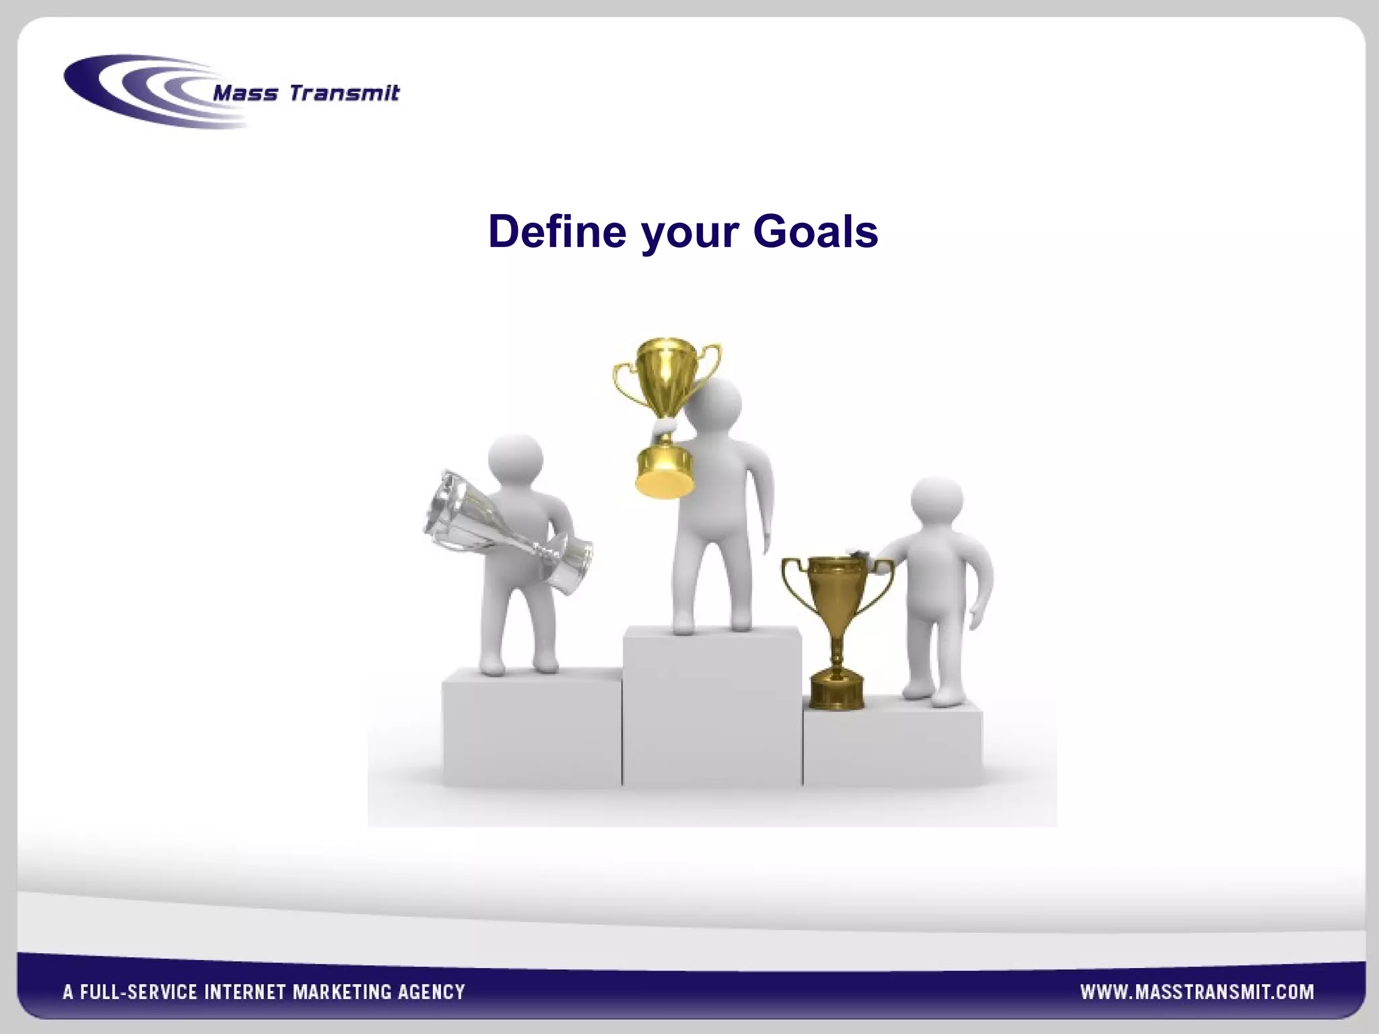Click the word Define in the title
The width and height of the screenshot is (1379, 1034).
coord(557,232)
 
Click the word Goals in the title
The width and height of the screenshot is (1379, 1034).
coord(815,232)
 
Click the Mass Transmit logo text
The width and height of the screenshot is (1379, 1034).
coord(306,93)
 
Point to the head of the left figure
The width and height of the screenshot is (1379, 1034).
coord(515,459)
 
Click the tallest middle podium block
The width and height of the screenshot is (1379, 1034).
coord(712,707)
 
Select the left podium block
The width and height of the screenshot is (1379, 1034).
coord(532,730)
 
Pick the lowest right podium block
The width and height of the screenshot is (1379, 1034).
coord(892,744)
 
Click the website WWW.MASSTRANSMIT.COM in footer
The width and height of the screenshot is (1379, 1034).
coord(1197,992)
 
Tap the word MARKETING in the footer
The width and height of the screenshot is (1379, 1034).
coord(341,992)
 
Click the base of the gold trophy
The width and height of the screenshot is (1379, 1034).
coord(665,471)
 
